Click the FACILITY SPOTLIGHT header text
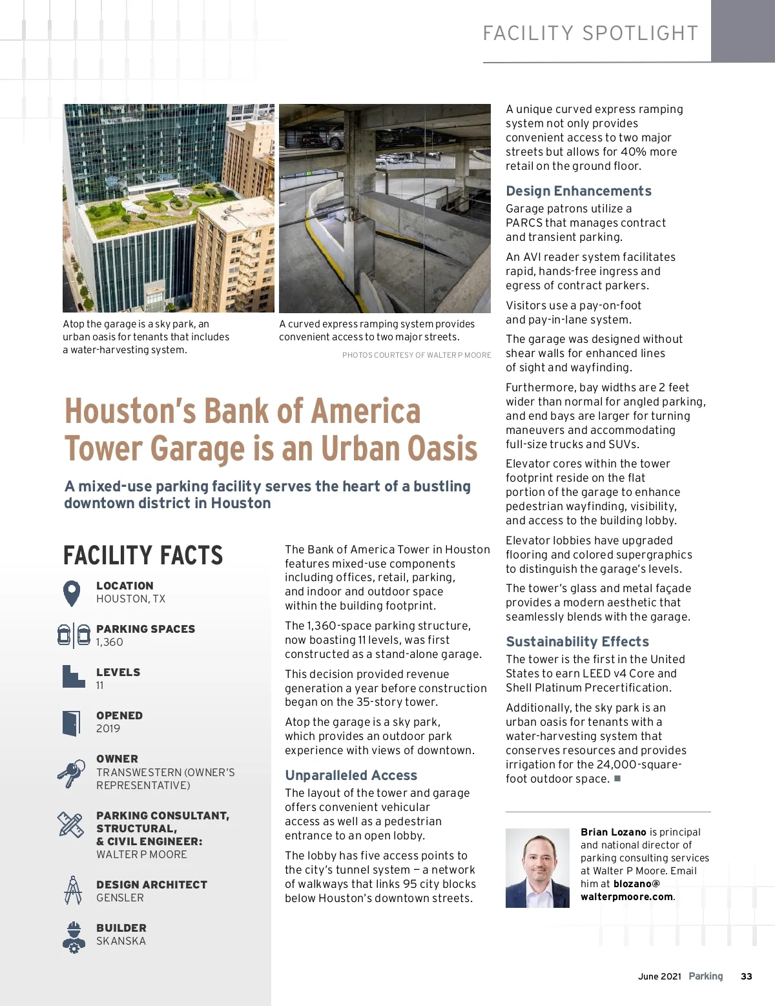pyautogui.click(x=590, y=34)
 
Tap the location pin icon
pyautogui.click(x=72, y=593)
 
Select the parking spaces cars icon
pyautogui.click(x=74, y=635)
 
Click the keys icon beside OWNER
pyautogui.click(x=71, y=772)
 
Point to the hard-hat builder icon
pyautogui.click(x=74, y=937)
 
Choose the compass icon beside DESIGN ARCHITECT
pyautogui.click(x=73, y=890)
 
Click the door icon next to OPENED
pyautogui.click(x=71, y=723)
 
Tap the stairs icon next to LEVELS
pyautogui.click(x=73, y=677)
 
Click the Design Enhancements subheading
pyautogui.click(x=579, y=191)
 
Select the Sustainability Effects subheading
pyautogui.click(x=577, y=642)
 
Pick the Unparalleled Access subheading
pyautogui.click(x=351, y=775)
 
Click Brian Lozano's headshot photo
pyautogui.click(x=537, y=868)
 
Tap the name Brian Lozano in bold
pyautogui.click(x=614, y=832)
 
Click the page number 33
pyautogui.click(x=747, y=976)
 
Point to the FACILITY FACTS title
pyautogui.click(x=143, y=555)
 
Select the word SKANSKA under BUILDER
pyautogui.click(x=121, y=941)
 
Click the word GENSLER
pyautogui.click(x=120, y=898)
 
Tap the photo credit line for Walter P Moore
pyautogui.click(x=417, y=355)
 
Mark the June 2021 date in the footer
pyautogui.click(x=659, y=976)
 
